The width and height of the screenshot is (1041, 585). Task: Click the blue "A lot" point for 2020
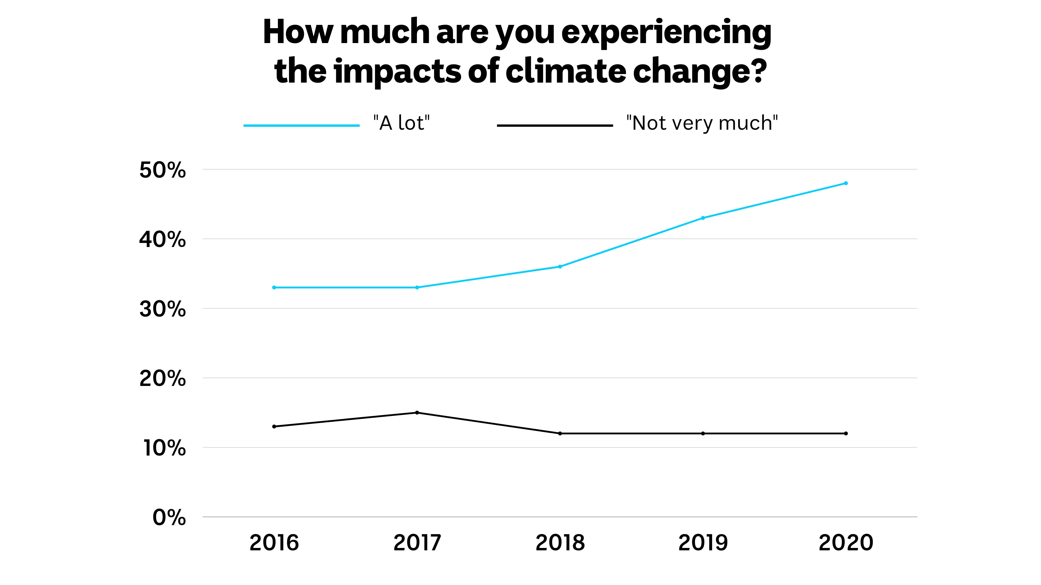pos(846,183)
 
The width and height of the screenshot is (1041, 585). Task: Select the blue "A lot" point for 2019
pos(703,218)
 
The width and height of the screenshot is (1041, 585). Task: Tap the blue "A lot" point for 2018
pos(560,266)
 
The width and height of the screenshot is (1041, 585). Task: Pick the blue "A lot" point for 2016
pos(274,287)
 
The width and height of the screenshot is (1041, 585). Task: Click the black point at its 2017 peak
pos(417,412)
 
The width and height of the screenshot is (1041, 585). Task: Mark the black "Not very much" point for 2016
pos(274,426)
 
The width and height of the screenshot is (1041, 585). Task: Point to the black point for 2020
pos(846,434)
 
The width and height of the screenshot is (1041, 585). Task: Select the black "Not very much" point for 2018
pos(560,434)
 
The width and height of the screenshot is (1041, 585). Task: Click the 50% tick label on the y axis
pos(162,170)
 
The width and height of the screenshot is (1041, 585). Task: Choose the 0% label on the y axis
pos(169,518)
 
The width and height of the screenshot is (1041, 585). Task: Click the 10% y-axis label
pos(164,448)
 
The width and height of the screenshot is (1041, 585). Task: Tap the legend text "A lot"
pos(401,123)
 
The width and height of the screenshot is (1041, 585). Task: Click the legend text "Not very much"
pos(702,123)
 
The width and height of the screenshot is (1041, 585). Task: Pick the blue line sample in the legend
pos(301,126)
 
